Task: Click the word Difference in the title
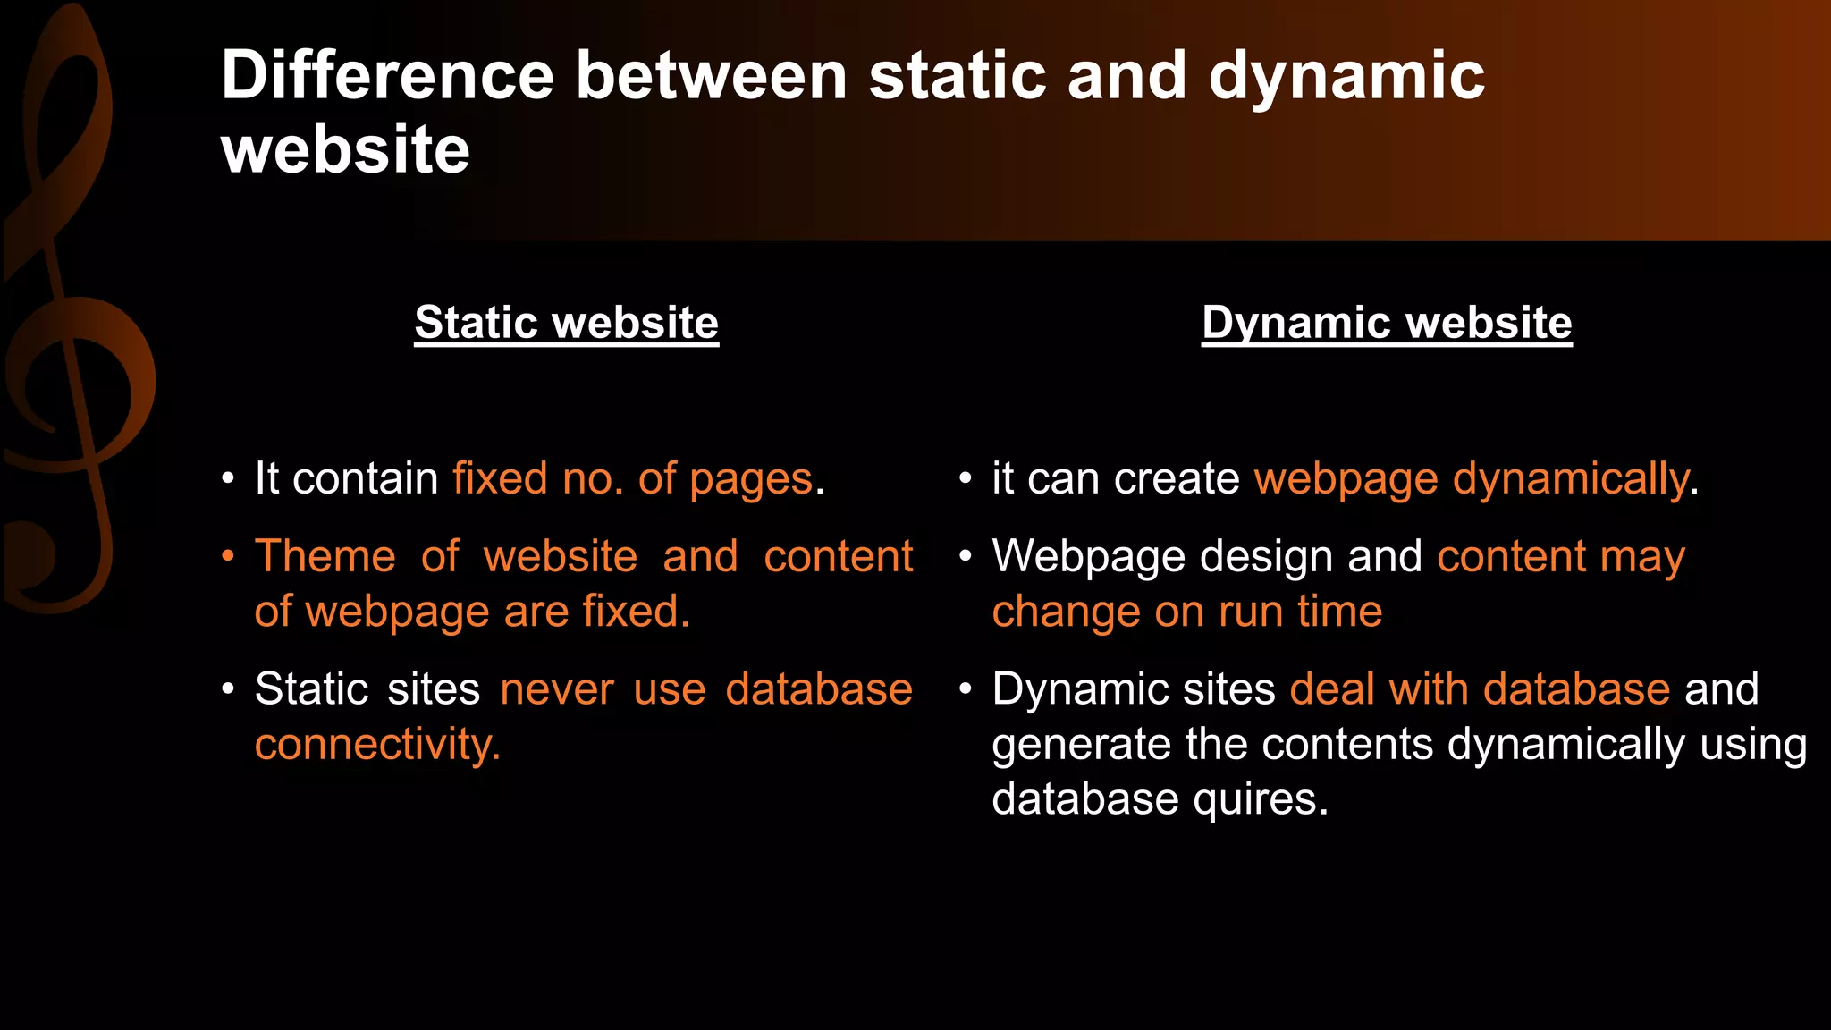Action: [x=387, y=75]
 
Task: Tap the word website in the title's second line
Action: [x=345, y=149]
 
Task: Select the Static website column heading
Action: [x=566, y=322]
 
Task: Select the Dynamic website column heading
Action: [x=1386, y=322]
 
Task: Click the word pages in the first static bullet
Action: [x=751, y=480]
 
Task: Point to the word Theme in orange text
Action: [x=325, y=556]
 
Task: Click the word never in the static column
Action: [x=556, y=689]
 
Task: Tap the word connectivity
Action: [x=376, y=745]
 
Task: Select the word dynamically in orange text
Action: [x=1570, y=480]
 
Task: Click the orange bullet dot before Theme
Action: [x=228, y=556]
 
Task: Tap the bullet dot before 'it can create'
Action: [x=966, y=479]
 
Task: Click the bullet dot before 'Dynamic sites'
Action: [x=966, y=689]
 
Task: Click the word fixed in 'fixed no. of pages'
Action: [x=499, y=478]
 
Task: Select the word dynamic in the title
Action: [x=1346, y=77]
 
